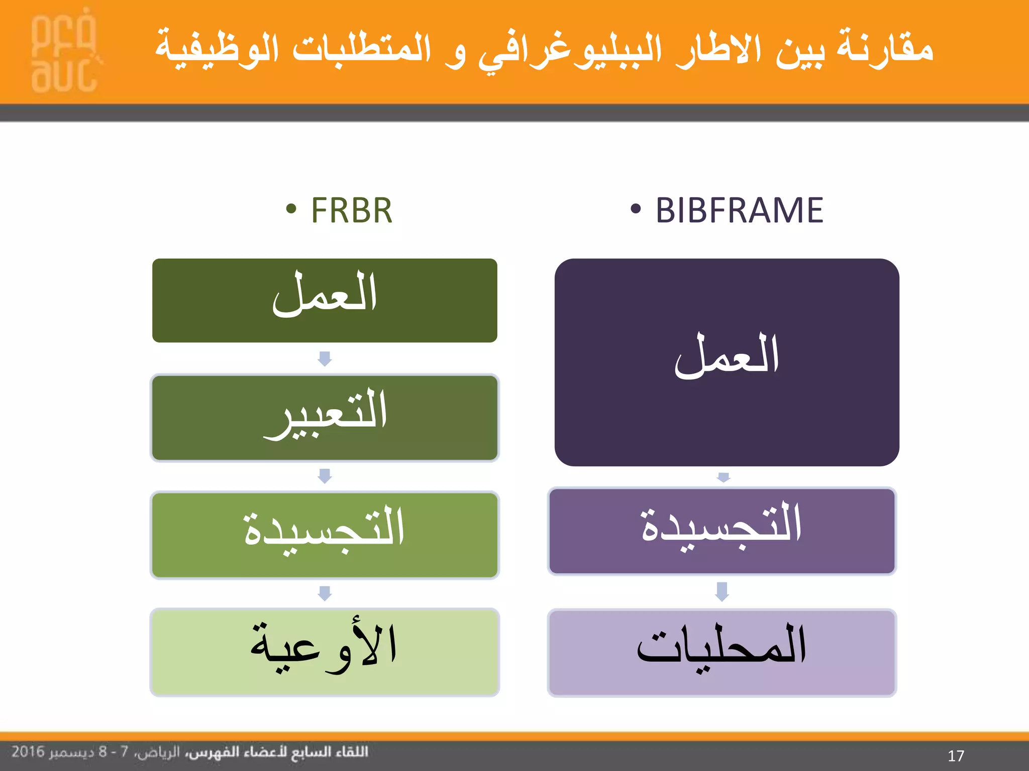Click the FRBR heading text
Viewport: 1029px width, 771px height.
351,210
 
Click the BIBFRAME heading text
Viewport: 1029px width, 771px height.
739,210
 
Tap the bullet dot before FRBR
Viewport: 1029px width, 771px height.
291,209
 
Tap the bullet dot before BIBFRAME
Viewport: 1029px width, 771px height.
636,209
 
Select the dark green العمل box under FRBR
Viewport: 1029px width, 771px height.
325,300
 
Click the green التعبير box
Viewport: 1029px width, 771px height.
325,418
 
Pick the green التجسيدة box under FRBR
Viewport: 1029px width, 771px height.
325,535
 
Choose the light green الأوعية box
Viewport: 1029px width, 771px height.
325,652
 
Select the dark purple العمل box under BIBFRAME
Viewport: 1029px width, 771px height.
727,362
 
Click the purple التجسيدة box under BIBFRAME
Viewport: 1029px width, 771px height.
722,531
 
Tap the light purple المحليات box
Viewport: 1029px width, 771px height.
722,653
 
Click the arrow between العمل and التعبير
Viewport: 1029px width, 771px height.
325,358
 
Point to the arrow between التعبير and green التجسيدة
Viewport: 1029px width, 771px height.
325,476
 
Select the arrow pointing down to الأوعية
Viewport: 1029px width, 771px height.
325,593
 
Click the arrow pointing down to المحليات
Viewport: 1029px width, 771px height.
722,591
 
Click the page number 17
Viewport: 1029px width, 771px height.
956,756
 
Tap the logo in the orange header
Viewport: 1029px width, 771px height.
64,53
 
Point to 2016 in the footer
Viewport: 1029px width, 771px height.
28,752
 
